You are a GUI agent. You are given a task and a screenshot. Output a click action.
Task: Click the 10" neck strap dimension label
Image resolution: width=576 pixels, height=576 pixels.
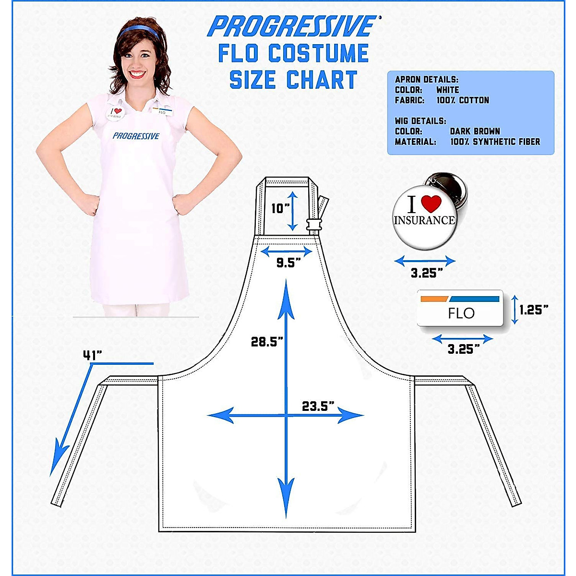(x=280, y=208)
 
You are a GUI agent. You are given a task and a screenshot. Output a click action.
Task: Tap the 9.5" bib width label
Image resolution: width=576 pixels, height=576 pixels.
(x=288, y=263)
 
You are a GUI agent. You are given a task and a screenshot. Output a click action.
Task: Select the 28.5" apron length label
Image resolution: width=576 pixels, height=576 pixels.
(x=267, y=342)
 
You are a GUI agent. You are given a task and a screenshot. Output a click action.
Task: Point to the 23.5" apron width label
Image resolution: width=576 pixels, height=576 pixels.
(x=318, y=406)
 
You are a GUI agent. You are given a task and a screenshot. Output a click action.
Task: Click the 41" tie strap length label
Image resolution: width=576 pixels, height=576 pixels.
(x=93, y=355)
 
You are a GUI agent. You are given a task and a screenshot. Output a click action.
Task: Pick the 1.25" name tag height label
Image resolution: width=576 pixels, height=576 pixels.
(x=533, y=310)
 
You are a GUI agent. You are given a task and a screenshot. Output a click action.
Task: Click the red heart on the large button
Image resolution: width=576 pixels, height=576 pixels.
(x=431, y=204)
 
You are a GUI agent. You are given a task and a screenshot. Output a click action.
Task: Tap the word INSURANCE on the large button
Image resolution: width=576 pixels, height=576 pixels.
(x=424, y=220)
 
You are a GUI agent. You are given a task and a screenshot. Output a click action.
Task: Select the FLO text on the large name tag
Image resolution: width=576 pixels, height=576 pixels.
(x=461, y=313)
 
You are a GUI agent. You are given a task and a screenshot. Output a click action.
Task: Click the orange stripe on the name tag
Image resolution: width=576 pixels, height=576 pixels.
(x=434, y=299)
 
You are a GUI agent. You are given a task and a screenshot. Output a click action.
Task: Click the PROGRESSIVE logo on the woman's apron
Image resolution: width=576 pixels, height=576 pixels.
(x=136, y=136)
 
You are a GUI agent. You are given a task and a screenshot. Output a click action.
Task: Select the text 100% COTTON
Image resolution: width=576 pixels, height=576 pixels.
(x=463, y=100)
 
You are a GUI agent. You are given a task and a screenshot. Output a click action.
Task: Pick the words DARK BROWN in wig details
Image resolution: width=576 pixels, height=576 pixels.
(x=475, y=131)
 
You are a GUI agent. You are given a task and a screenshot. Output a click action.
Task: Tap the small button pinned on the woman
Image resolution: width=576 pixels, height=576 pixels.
(x=115, y=113)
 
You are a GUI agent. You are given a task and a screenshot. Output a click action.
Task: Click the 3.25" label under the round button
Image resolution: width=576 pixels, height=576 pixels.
(x=427, y=273)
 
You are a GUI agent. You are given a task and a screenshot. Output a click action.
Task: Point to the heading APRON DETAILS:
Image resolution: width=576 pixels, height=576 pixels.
(x=426, y=80)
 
